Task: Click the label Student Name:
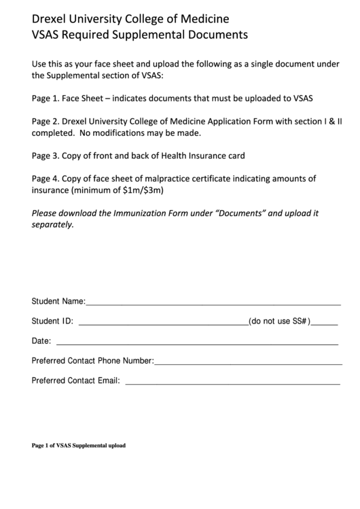(58, 300)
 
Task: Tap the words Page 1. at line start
(46, 98)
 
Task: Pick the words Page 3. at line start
(46, 156)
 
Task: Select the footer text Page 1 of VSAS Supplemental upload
(79, 446)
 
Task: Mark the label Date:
(41, 341)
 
